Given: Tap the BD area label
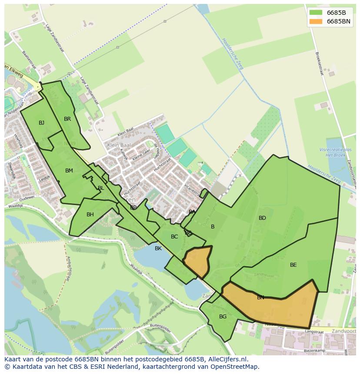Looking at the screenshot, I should [x=262, y=218].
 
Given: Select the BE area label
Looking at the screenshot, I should [x=293, y=265].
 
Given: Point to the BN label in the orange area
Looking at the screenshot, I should [x=260, y=298].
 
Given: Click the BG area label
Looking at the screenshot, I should [x=223, y=317].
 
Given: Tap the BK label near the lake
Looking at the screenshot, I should [x=158, y=248].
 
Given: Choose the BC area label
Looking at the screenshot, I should [x=174, y=237].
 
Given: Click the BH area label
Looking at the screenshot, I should [x=90, y=215].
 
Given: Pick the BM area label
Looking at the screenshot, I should [x=69, y=171].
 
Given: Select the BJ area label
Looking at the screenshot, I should [x=41, y=123].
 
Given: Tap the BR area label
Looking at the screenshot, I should [x=67, y=119].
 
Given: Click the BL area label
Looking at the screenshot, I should [x=101, y=188].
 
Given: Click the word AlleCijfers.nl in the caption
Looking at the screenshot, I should [x=226, y=359].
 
